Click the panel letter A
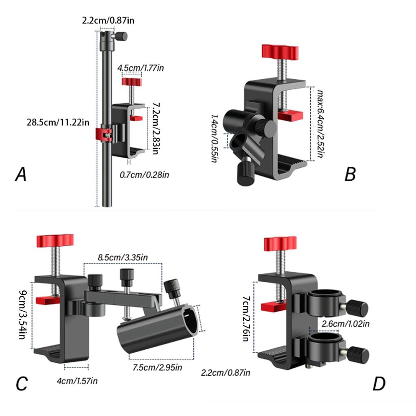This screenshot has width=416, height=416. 21,174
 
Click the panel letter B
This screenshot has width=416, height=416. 350,174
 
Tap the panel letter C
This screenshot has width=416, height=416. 22,383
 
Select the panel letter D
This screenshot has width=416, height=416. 379,383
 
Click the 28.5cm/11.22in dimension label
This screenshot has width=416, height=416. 58,122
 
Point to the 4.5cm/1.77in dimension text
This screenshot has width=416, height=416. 141,68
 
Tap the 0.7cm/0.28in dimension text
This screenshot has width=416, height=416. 144,175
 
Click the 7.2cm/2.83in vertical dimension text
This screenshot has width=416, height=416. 155,129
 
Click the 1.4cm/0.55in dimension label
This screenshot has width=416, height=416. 214,138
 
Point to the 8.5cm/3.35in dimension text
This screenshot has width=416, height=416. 123,257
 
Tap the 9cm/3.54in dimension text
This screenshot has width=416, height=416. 23,315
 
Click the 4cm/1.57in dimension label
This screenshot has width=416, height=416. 77,381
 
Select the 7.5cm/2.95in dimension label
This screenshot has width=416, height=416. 157,367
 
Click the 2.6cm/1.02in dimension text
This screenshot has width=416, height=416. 345,324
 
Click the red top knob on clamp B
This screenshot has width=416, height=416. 280,52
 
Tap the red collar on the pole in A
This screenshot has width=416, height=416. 104,134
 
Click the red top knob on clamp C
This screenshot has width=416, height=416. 55,241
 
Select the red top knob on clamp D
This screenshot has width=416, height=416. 280,244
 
